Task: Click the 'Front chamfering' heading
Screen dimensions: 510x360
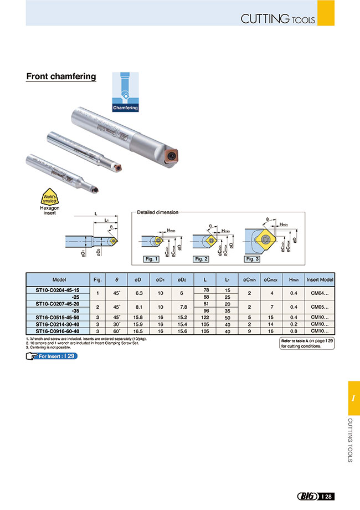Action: pyautogui.click(x=61, y=77)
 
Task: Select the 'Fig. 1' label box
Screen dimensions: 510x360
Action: pyautogui.click(x=151, y=259)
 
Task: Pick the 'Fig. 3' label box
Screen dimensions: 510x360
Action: pyautogui.click(x=253, y=259)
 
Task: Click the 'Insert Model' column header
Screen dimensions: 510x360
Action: pyautogui.click(x=320, y=280)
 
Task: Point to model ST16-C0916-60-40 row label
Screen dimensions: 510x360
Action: pyautogui.click(x=58, y=330)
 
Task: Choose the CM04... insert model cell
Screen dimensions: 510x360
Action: pyautogui.click(x=320, y=293)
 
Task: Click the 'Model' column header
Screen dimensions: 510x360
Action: pyautogui.click(x=59, y=280)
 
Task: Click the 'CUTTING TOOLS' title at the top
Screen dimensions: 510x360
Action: pyautogui.click(x=277, y=19)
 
